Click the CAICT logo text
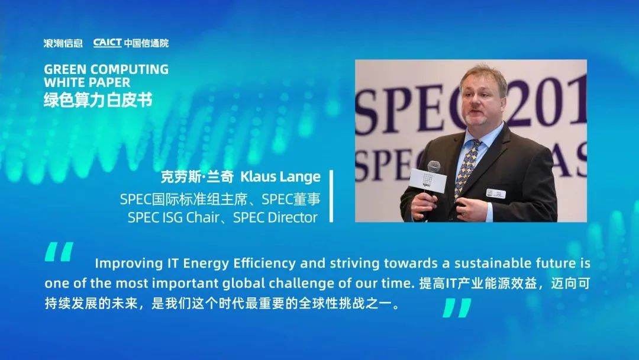point(108,43)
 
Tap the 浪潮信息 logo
point(63,43)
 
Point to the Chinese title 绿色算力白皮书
point(98,99)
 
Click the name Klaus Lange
point(280,176)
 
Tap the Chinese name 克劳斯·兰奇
point(197,177)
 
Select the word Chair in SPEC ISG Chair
point(202,217)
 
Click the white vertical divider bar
point(331,196)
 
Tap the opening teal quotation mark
point(59,252)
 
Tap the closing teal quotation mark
point(457,307)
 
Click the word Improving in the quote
point(129,263)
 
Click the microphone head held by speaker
point(434,166)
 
